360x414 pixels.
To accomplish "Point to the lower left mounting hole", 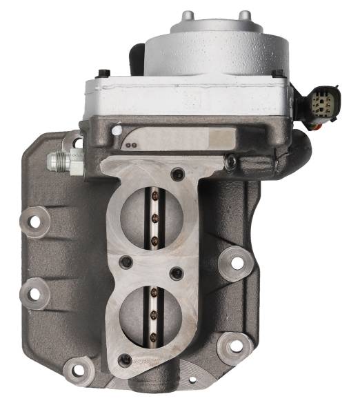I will pos(32,293).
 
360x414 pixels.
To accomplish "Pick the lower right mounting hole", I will pos(232,345).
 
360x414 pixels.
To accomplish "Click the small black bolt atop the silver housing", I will pos(103,73).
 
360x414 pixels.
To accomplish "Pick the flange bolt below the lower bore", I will pos(125,359).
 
